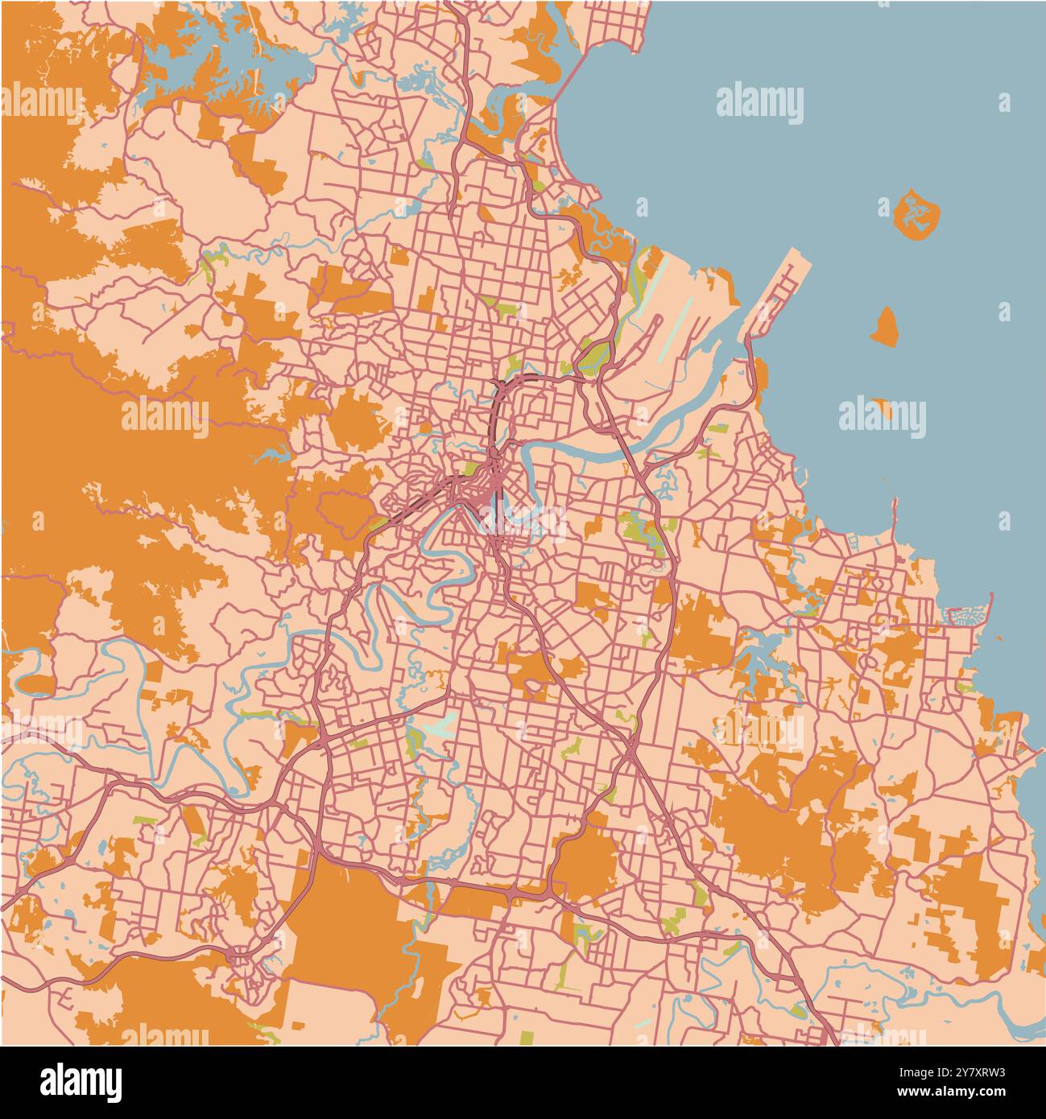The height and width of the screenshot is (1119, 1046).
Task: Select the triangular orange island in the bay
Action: point(885,325)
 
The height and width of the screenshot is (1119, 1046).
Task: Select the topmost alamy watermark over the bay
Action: point(759,103)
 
